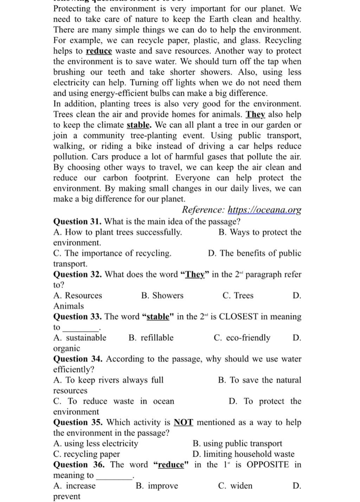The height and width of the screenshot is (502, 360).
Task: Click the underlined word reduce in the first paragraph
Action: coord(99,51)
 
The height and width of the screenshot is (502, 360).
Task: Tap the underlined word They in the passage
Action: coord(255,115)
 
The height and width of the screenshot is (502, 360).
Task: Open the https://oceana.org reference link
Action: coord(264,210)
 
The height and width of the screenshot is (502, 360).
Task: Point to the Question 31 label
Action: coord(77,222)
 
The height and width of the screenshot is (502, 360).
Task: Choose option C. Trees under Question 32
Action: coord(238,296)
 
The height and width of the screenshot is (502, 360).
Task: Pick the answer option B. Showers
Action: coord(162,296)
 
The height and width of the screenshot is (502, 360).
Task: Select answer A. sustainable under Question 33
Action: coord(80,338)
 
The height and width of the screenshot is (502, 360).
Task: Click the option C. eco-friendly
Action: coord(242,338)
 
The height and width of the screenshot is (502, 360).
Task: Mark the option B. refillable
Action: coord(151,338)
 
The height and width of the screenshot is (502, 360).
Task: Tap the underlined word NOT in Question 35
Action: coord(184,422)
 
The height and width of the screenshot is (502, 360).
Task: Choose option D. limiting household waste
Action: coord(244,454)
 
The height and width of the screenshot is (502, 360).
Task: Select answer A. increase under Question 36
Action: coord(75,486)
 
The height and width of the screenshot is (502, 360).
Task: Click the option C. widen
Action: coord(235,486)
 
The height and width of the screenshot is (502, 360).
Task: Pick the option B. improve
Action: coord(157,486)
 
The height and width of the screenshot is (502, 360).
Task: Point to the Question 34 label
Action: coord(78,359)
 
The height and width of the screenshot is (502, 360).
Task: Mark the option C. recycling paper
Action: coord(87,454)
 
